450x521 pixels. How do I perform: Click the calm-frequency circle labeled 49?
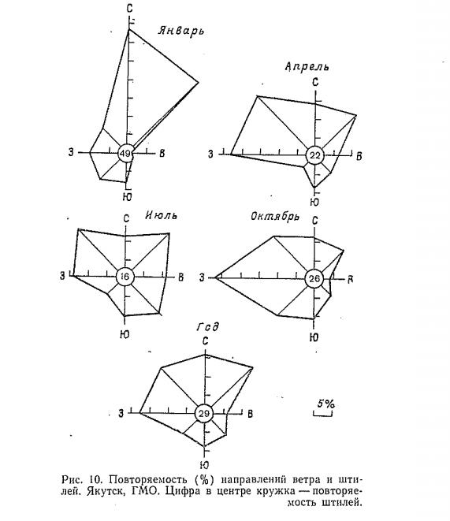pos(125,154)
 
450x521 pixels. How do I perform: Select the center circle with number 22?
pos(314,155)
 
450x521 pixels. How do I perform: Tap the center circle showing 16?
pos(125,277)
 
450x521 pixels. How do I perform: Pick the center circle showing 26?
pos(314,278)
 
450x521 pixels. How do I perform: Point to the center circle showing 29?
pos(203,414)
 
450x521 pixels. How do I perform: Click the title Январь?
pos(181,31)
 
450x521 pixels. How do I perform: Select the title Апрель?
pos(307,66)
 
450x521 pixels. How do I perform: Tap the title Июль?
pos(161,215)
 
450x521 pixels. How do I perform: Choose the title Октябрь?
pos(274,217)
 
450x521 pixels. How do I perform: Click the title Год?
pos(208,327)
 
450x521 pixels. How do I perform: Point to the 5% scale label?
pos(325,404)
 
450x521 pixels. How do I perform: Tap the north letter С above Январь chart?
pos(129,9)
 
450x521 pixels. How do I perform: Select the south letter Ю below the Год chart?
pos(204,465)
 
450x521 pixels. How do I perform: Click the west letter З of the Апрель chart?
pos(210,154)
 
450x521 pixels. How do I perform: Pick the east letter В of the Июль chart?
pos(181,277)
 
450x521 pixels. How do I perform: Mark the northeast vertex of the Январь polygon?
pos(199,82)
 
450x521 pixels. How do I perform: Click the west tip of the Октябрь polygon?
pos(215,277)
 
